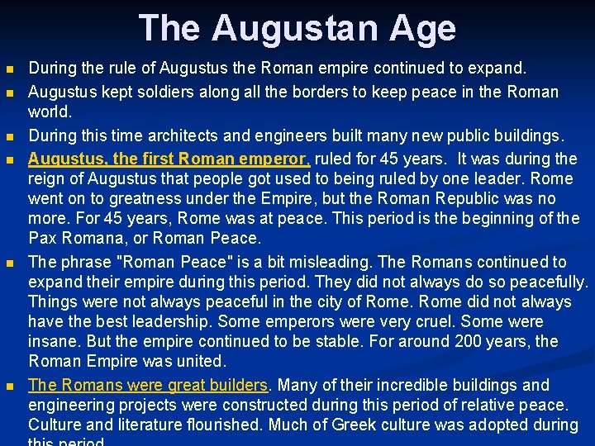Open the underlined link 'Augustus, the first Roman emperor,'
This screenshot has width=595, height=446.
(169, 159)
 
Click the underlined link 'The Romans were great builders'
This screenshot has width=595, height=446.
(148, 385)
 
